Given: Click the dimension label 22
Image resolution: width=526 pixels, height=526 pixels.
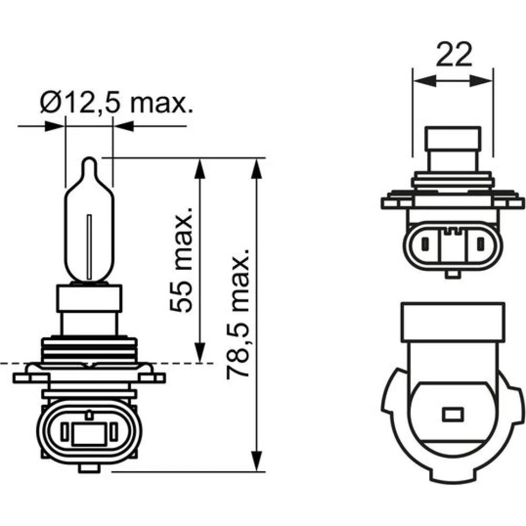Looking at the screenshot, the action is (454, 54).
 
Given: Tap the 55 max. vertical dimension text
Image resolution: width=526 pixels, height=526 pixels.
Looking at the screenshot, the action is (181, 260).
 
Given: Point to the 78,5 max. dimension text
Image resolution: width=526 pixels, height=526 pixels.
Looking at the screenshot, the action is (238, 314).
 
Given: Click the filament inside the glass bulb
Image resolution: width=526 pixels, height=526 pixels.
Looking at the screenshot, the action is (89, 247).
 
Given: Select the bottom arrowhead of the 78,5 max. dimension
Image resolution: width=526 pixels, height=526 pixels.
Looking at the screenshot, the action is (256, 461).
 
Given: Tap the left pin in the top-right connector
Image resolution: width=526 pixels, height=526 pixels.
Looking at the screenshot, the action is (425, 244).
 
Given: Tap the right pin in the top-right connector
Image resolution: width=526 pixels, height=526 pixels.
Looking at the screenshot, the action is (481, 244).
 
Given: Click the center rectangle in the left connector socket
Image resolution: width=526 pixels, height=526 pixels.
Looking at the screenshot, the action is (89, 434).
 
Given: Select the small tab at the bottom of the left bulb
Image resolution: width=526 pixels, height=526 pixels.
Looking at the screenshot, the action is (89, 468).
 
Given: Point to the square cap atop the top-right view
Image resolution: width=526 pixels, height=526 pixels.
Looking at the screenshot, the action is (453, 138).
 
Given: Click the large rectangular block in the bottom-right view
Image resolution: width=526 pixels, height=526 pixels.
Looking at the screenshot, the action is (453, 322).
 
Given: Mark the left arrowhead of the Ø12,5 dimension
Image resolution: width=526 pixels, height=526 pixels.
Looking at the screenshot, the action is (54, 126).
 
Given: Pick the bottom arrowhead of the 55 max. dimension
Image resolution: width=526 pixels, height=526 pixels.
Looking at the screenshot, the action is (199, 352).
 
